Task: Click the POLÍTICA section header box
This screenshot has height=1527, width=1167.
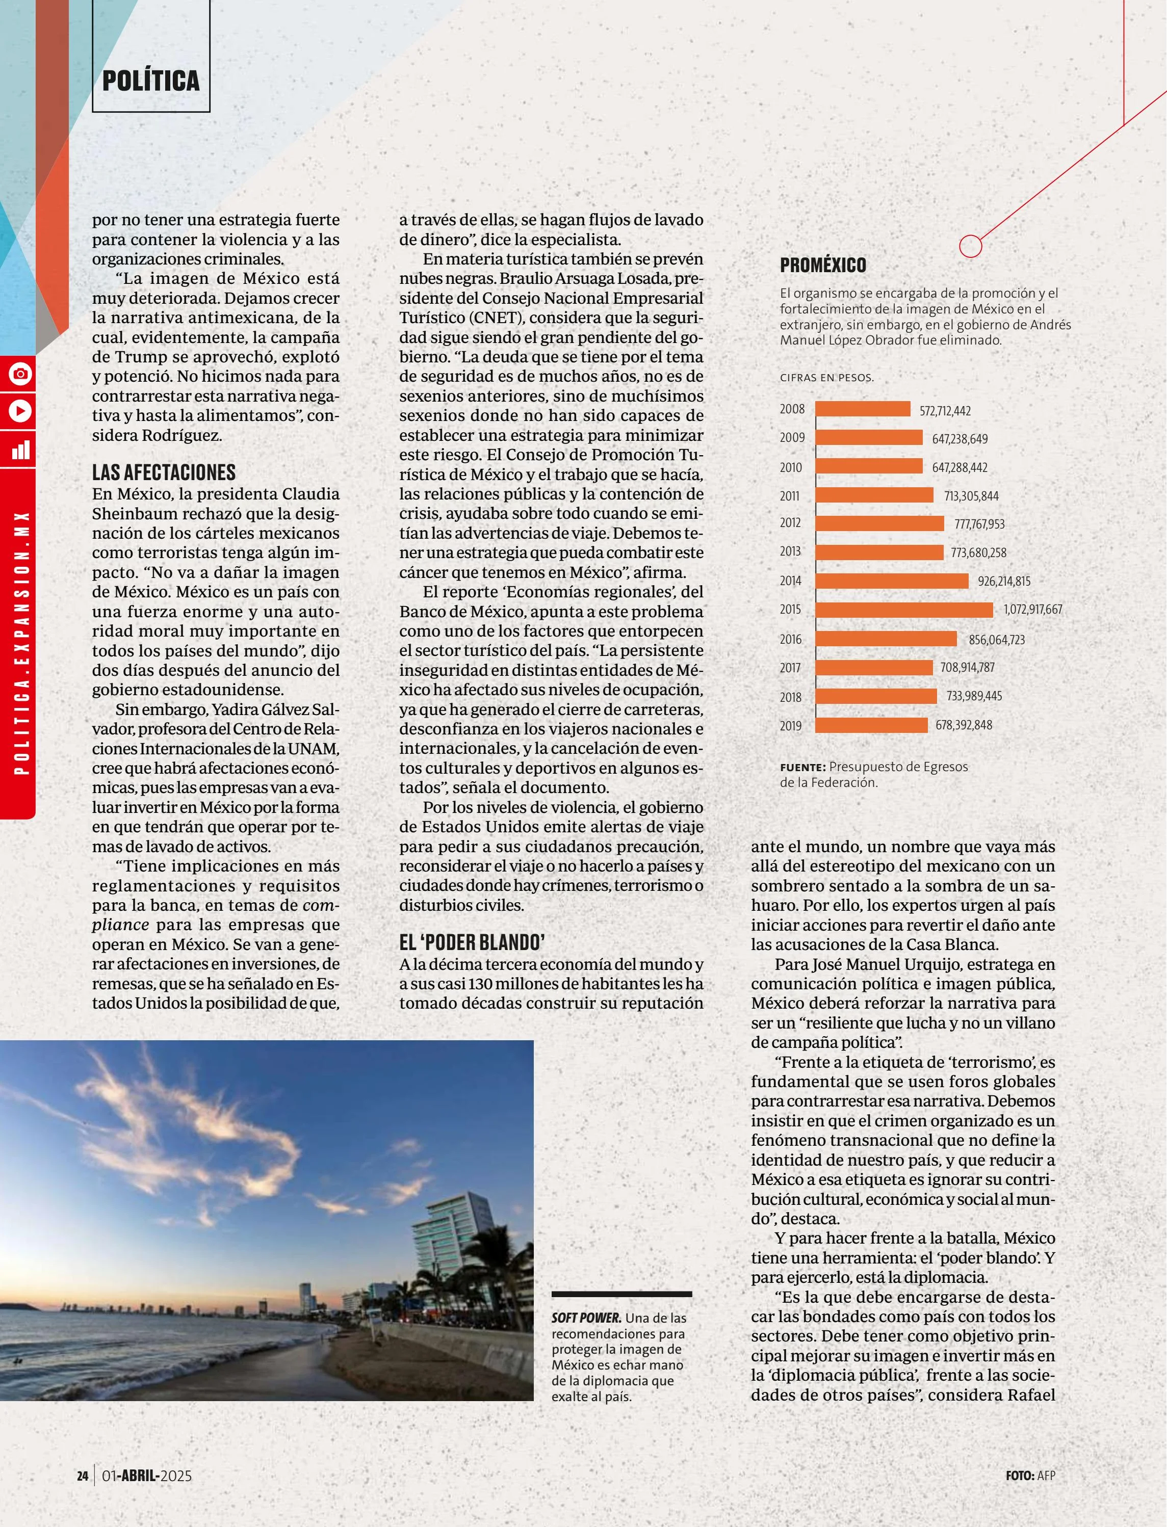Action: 151,81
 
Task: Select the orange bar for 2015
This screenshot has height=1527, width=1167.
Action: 904,610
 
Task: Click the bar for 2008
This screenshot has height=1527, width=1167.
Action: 863,409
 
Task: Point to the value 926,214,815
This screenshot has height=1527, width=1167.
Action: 1004,581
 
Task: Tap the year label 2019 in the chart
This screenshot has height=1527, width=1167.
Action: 791,726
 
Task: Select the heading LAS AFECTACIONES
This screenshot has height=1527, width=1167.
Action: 164,472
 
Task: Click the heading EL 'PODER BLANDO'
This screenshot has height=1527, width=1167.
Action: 472,942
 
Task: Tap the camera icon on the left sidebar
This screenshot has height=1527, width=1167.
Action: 20,374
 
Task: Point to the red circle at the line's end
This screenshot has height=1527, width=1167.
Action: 970,246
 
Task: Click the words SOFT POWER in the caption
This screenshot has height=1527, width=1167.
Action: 586,1318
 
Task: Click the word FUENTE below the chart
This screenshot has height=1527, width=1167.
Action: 802,767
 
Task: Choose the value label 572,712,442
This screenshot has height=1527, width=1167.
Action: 945,410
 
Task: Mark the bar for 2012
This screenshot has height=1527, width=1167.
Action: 879,523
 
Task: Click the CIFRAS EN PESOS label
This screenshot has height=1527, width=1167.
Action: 826,378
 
